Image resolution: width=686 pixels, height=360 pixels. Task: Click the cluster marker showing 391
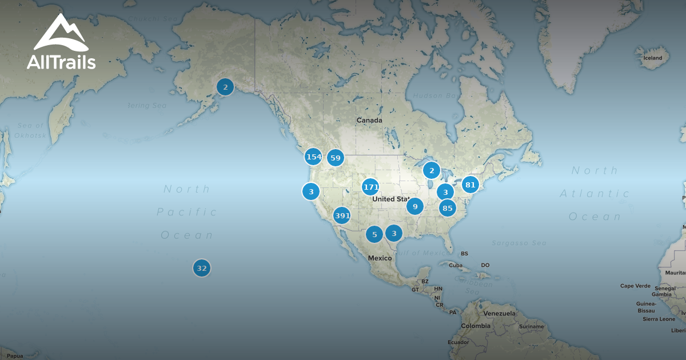click(x=342, y=215)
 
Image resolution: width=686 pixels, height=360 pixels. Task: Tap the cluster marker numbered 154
click(x=313, y=157)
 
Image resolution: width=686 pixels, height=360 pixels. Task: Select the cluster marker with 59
click(x=336, y=158)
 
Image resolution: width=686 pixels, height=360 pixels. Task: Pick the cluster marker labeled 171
click(x=371, y=187)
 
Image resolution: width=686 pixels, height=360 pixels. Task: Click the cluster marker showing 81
click(x=470, y=185)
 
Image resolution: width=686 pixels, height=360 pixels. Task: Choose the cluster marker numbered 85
click(x=447, y=208)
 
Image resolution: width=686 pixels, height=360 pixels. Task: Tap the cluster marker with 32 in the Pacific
click(x=201, y=268)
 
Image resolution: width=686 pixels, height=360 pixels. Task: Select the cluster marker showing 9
click(x=415, y=206)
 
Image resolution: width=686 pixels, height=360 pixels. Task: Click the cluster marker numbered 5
click(x=374, y=234)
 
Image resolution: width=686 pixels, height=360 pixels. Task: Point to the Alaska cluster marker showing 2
click(x=225, y=87)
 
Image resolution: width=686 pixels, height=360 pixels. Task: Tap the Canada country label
click(x=369, y=121)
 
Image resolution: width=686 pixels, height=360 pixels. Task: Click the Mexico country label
click(x=380, y=258)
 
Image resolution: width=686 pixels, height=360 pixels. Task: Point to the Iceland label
click(x=653, y=58)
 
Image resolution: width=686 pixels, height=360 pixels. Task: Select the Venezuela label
click(x=499, y=313)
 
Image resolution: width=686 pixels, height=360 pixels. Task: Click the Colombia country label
click(x=476, y=326)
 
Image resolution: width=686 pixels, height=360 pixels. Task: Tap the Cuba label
click(x=455, y=265)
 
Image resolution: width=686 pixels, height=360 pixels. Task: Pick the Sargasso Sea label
click(x=519, y=243)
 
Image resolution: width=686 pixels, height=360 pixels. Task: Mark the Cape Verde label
click(x=635, y=286)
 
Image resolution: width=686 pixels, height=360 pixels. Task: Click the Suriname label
click(x=532, y=326)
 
